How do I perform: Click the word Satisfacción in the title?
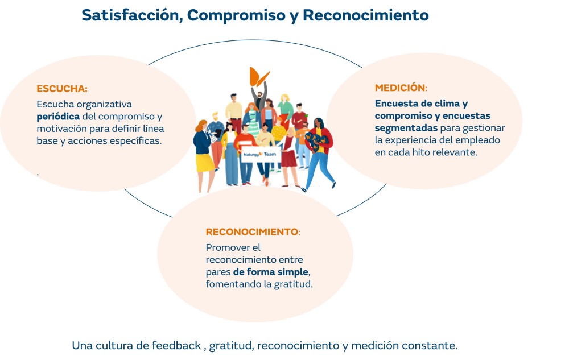(132, 15)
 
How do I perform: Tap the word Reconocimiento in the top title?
(365, 15)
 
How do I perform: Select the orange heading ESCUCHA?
(61, 89)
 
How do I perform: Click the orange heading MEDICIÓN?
(400, 88)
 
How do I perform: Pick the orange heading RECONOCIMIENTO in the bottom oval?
(252, 231)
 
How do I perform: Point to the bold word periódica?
(58, 117)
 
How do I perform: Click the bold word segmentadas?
(406, 129)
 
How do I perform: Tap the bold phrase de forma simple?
(271, 272)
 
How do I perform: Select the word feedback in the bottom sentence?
(176, 345)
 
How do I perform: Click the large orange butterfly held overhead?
(259, 77)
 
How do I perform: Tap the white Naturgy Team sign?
(260, 155)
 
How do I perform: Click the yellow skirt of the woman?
(205, 163)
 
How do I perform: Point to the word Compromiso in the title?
(236, 15)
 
